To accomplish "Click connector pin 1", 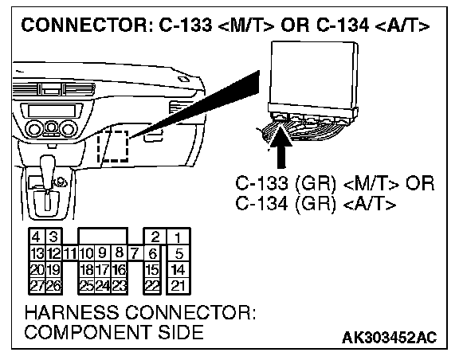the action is [178, 237].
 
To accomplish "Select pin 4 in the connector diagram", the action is [37, 237].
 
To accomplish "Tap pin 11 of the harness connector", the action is [69, 253].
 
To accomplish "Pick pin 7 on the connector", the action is [135, 253].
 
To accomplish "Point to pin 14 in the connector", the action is [178, 269].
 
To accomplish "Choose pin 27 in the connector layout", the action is [37, 286].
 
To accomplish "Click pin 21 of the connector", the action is [178, 286].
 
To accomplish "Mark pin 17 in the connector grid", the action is [103, 269].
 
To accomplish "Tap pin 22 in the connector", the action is [152, 286].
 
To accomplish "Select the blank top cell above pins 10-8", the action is [103, 237].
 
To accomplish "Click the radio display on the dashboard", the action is [52, 111].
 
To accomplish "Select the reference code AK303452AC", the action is [389, 338].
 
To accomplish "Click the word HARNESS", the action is [72, 312].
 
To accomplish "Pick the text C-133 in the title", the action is [186, 25].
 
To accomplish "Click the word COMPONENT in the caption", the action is [87, 332].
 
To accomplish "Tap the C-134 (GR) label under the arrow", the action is [285, 203].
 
